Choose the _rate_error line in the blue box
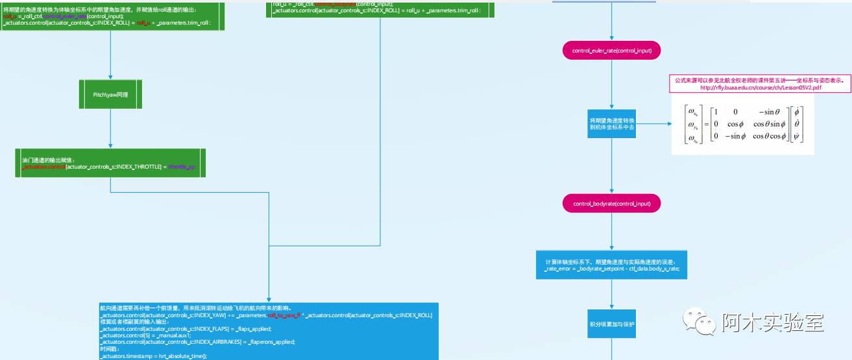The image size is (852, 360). coord(612,269)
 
